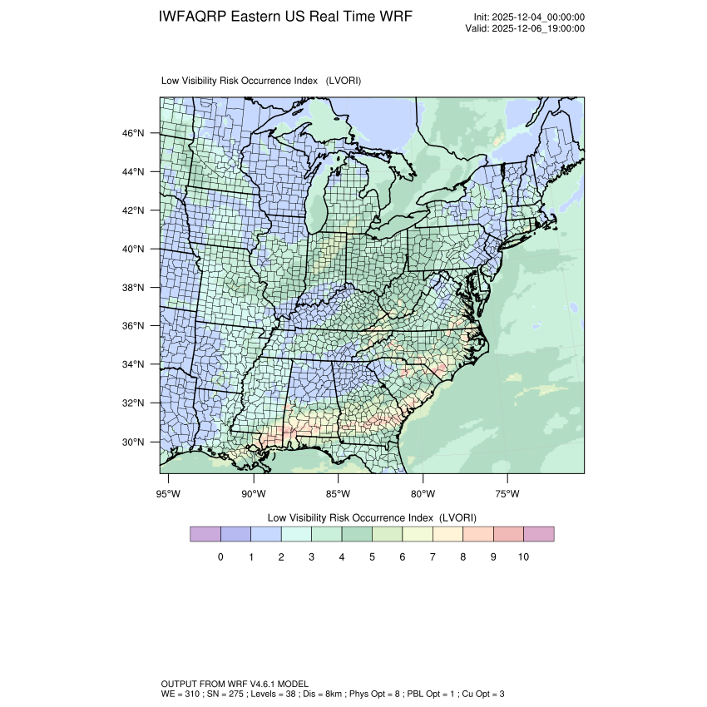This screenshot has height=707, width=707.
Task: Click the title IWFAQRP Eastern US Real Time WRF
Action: tap(284, 17)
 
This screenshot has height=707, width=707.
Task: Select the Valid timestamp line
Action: tap(525, 28)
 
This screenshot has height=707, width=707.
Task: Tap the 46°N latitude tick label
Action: tap(134, 133)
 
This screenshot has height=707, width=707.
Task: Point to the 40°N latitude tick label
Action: tap(134, 249)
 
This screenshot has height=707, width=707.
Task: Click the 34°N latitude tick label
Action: tap(134, 364)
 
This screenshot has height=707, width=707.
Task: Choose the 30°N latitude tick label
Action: tap(134, 442)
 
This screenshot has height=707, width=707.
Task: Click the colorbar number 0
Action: tap(220, 556)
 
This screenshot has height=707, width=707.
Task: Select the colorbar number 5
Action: tap(372, 556)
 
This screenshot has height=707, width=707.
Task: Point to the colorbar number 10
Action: tap(523, 556)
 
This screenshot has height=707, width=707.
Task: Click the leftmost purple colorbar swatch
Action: tap(205, 534)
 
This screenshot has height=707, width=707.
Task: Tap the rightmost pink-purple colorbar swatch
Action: tap(539, 534)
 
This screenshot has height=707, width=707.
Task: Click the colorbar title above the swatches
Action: tap(371, 517)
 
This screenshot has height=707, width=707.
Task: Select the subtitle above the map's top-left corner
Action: tap(260, 81)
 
